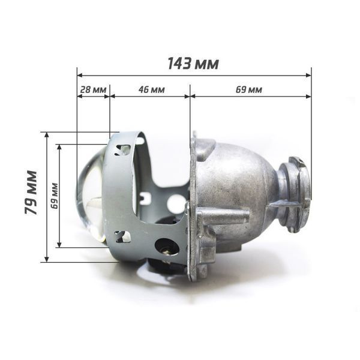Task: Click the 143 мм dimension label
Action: (193, 64)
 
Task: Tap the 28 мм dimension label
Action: (93, 89)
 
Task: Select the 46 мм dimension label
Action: (152, 89)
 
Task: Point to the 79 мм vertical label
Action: (31, 193)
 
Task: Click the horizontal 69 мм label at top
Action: (249, 89)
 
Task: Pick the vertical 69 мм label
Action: (55, 196)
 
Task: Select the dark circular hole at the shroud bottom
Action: (167, 247)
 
